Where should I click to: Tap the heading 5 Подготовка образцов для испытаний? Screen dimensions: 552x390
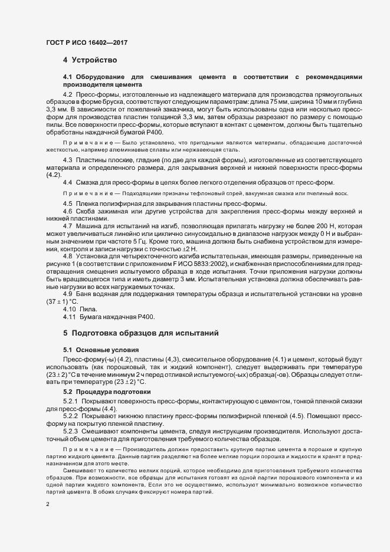point(141,333)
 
